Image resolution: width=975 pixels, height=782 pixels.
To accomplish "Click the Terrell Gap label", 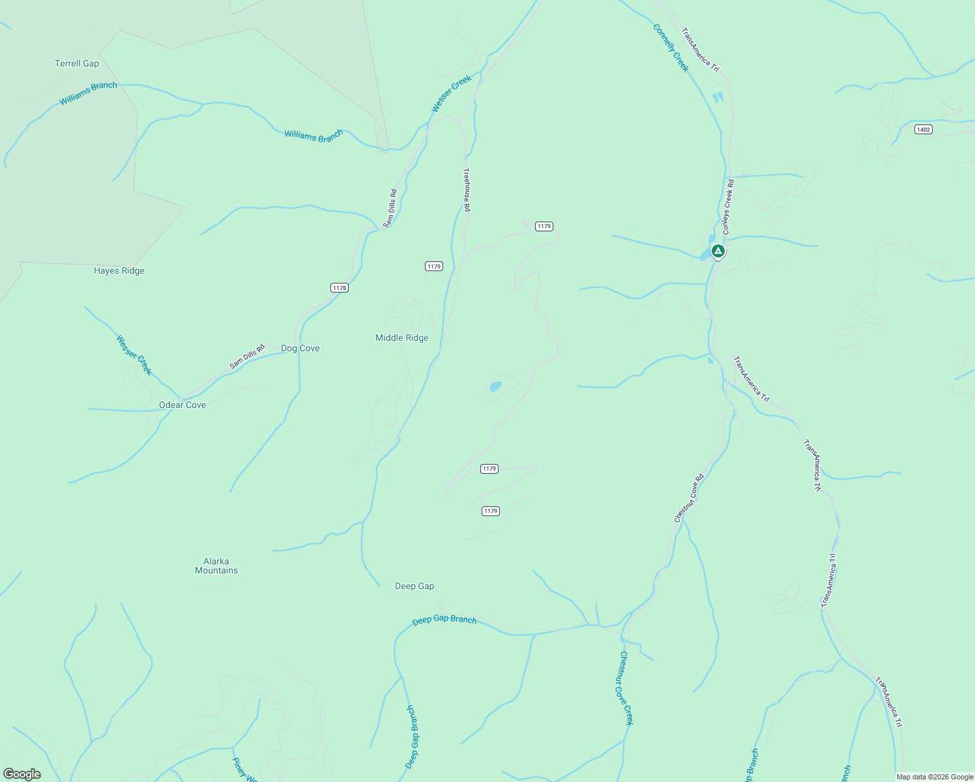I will click(x=77, y=63).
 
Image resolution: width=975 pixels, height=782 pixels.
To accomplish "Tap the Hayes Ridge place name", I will click(x=119, y=270).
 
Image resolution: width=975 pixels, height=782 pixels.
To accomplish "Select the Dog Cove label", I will click(x=300, y=348).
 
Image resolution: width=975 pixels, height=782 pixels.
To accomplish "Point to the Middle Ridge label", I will click(x=402, y=338).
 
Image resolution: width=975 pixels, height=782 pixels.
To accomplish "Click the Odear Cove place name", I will click(x=182, y=405).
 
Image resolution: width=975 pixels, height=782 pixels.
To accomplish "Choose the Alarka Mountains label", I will click(x=216, y=566).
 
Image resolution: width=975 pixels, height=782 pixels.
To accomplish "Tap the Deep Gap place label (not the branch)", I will click(x=415, y=586).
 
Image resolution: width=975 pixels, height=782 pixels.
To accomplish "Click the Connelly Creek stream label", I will click(x=671, y=48).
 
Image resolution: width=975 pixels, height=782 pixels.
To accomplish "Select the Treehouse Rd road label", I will click(x=467, y=190).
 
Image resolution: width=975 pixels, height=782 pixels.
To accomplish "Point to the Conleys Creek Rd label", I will click(x=728, y=207).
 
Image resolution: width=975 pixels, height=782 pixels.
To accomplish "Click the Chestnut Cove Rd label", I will click(x=689, y=498).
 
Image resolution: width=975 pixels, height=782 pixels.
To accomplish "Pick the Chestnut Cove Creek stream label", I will click(x=626, y=688).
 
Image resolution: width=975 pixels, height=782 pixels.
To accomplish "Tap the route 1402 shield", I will click(x=924, y=129).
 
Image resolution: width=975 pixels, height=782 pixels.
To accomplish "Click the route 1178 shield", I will click(x=340, y=287).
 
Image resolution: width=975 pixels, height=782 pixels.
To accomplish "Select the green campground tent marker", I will click(x=718, y=251).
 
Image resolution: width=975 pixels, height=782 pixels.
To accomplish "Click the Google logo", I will click(x=22, y=774).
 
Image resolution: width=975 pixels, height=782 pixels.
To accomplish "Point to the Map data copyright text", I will click(x=935, y=777).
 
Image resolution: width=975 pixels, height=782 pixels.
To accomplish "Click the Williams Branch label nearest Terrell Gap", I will click(x=89, y=93).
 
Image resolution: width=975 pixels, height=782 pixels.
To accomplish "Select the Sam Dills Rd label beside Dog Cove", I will click(x=248, y=356).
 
